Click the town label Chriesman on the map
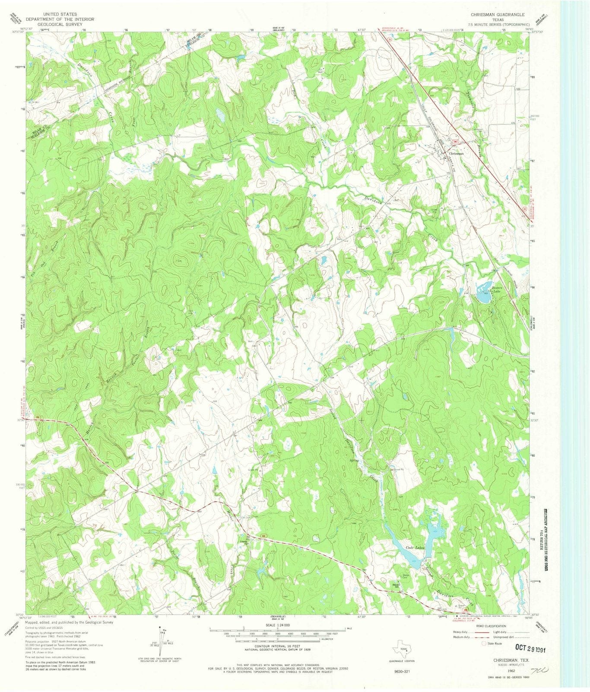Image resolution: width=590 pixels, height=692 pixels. pos(456,154)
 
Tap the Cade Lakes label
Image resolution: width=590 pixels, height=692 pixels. pos(416,548)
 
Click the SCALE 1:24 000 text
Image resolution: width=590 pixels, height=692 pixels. pos(277,625)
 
